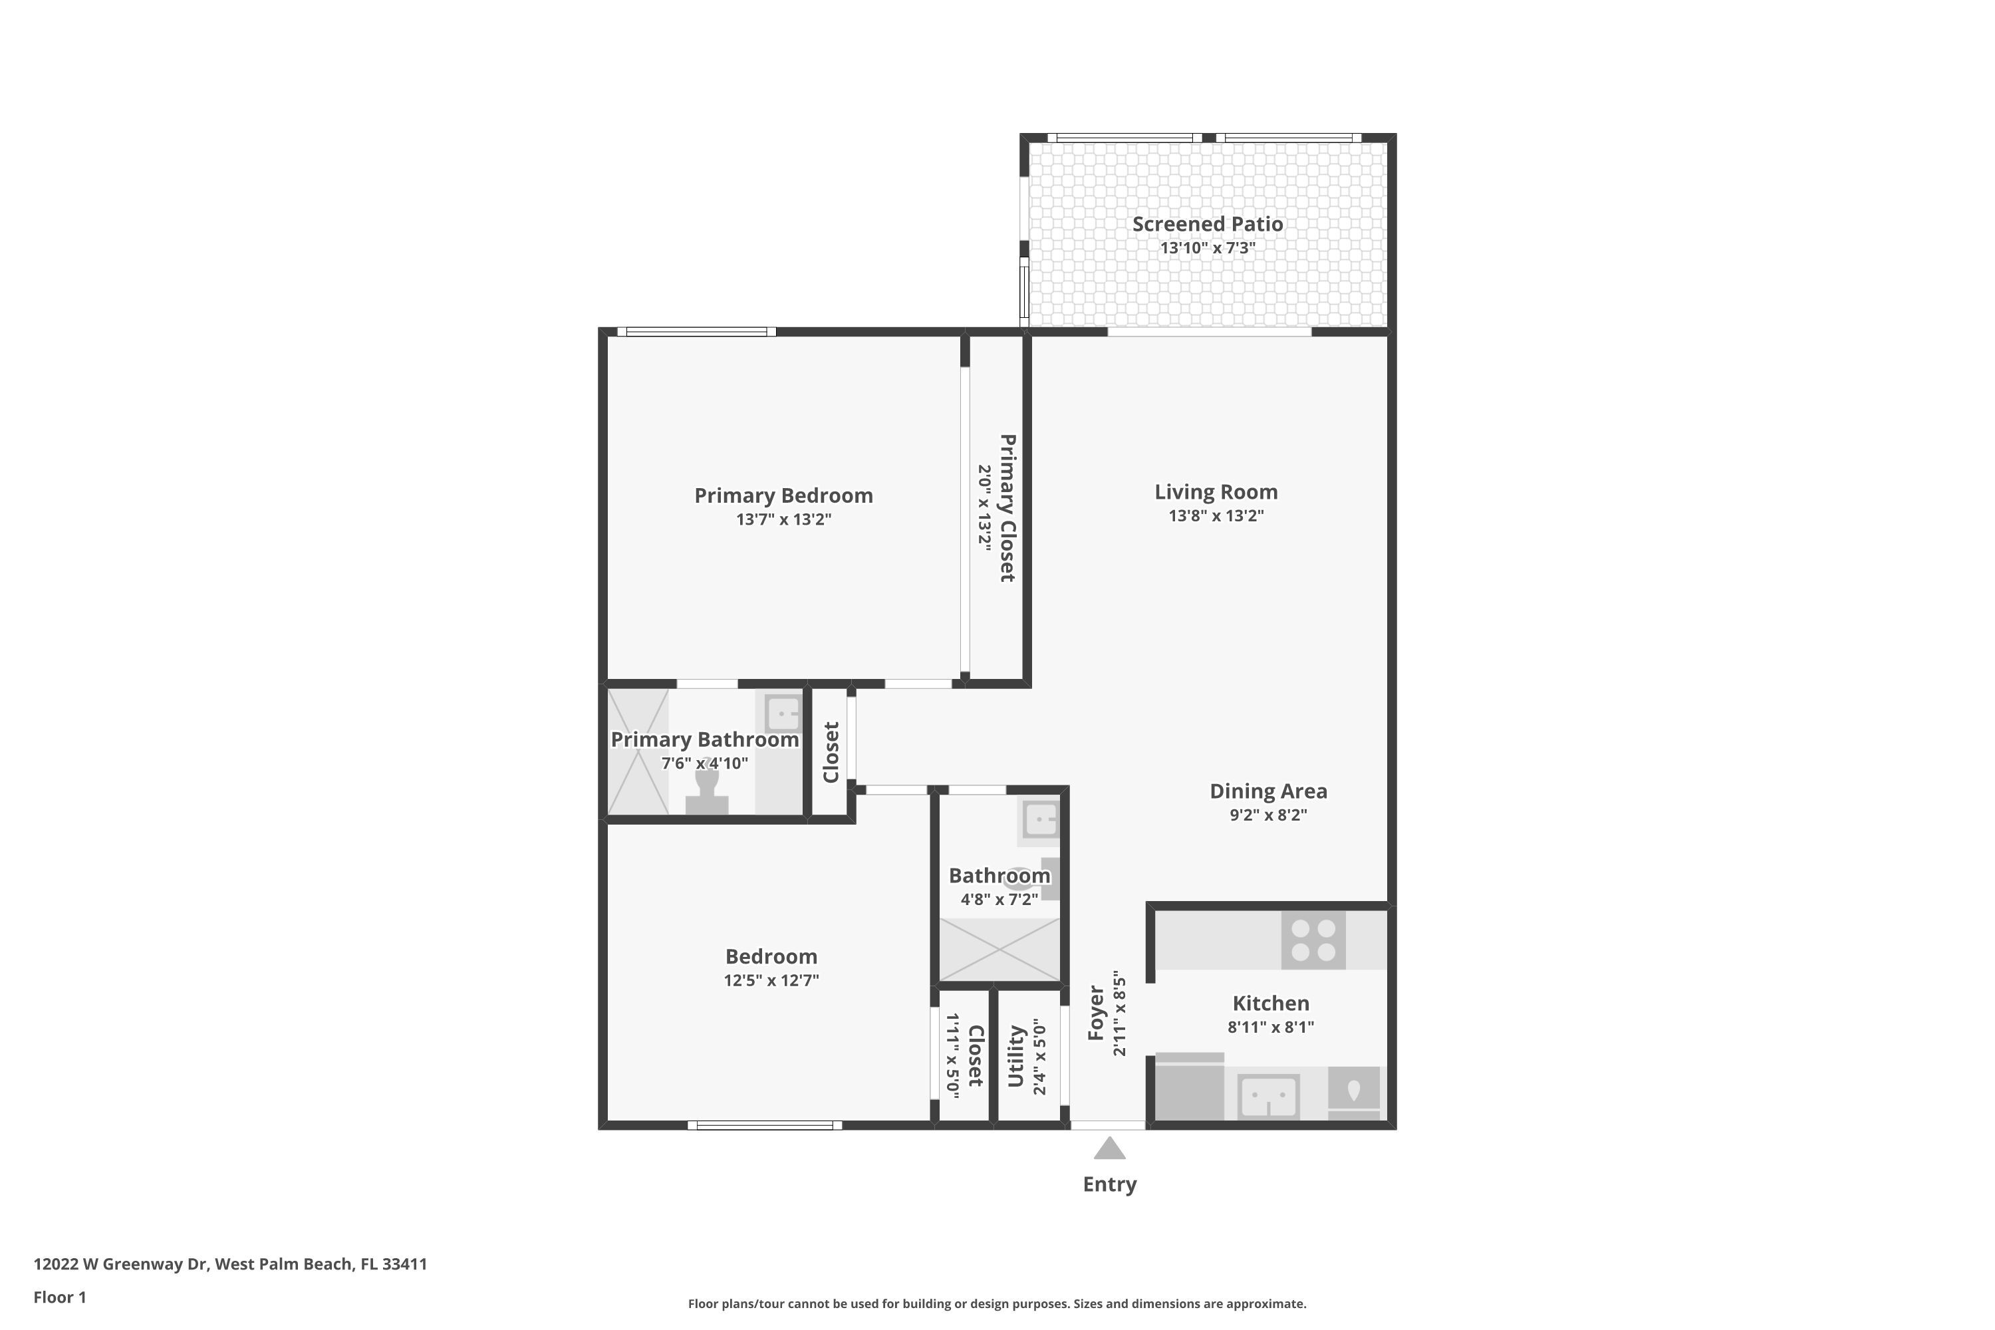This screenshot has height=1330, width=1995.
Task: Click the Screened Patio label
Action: pos(1207,224)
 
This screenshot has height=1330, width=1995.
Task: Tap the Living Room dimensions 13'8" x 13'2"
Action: pos(1216,516)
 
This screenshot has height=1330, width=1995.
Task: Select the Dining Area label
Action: pos(1268,791)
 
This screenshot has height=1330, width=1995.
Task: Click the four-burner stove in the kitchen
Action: pos(1313,940)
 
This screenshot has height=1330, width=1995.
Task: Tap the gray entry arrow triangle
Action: pos(1109,1148)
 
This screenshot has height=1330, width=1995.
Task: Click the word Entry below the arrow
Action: pos(1109,1184)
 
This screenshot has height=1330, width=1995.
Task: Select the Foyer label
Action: pos(1096,1013)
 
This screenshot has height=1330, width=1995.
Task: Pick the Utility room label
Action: pos(1015,1056)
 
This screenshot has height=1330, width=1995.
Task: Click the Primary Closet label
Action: pos(1007,508)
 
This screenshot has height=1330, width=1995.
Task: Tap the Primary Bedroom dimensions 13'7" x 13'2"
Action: pos(784,519)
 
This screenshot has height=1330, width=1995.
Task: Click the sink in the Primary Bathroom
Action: pos(783,712)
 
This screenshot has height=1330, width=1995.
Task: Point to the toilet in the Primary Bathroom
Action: pos(706,791)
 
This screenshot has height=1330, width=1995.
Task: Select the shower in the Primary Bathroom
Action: pos(638,751)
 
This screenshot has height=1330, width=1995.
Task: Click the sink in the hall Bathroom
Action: pos(1041,820)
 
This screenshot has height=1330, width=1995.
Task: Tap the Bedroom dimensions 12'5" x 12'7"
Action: pos(771,980)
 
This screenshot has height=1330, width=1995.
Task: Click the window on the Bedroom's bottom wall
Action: pos(764,1126)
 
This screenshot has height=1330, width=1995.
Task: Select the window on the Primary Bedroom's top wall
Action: pos(696,332)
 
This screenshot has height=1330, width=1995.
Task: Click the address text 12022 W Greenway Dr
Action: pos(120,1264)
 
